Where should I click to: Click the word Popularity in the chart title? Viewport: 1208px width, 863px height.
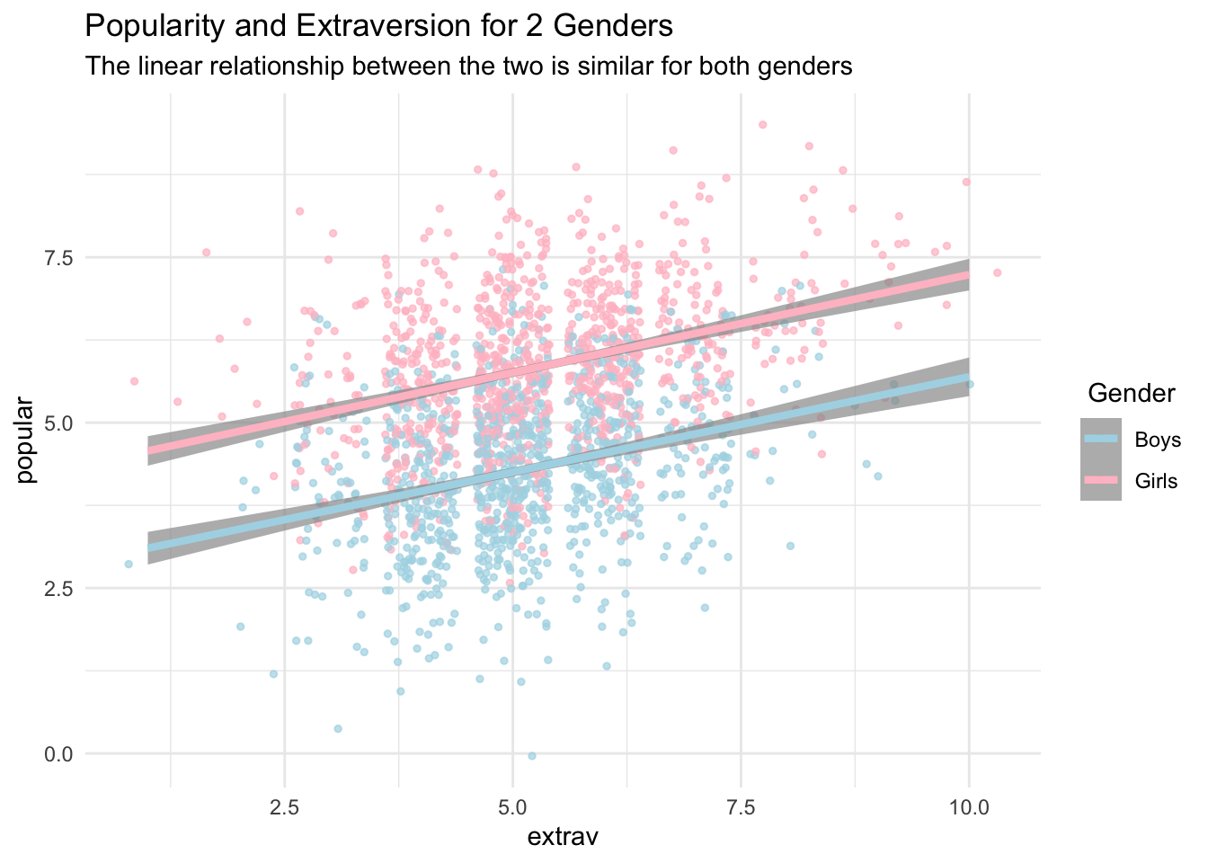(146, 27)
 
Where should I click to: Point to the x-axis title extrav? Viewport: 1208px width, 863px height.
(563, 837)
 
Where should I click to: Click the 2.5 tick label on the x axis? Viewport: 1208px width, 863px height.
(285, 806)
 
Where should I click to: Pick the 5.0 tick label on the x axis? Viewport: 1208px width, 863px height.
(513, 806)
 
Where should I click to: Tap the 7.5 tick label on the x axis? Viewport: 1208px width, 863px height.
(742, 806)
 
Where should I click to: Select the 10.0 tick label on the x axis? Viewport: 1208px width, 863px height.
(969, 806)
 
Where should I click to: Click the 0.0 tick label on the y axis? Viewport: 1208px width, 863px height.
(59, 754)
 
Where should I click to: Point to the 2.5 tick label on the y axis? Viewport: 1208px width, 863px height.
(59, 589)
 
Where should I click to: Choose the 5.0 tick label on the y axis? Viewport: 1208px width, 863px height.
(59, 423)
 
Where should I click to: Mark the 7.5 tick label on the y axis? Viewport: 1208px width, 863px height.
(59, 257)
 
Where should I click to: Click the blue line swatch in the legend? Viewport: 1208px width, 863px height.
(1101, 439)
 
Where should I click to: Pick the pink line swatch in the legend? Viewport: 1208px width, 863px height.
(1101, 480)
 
